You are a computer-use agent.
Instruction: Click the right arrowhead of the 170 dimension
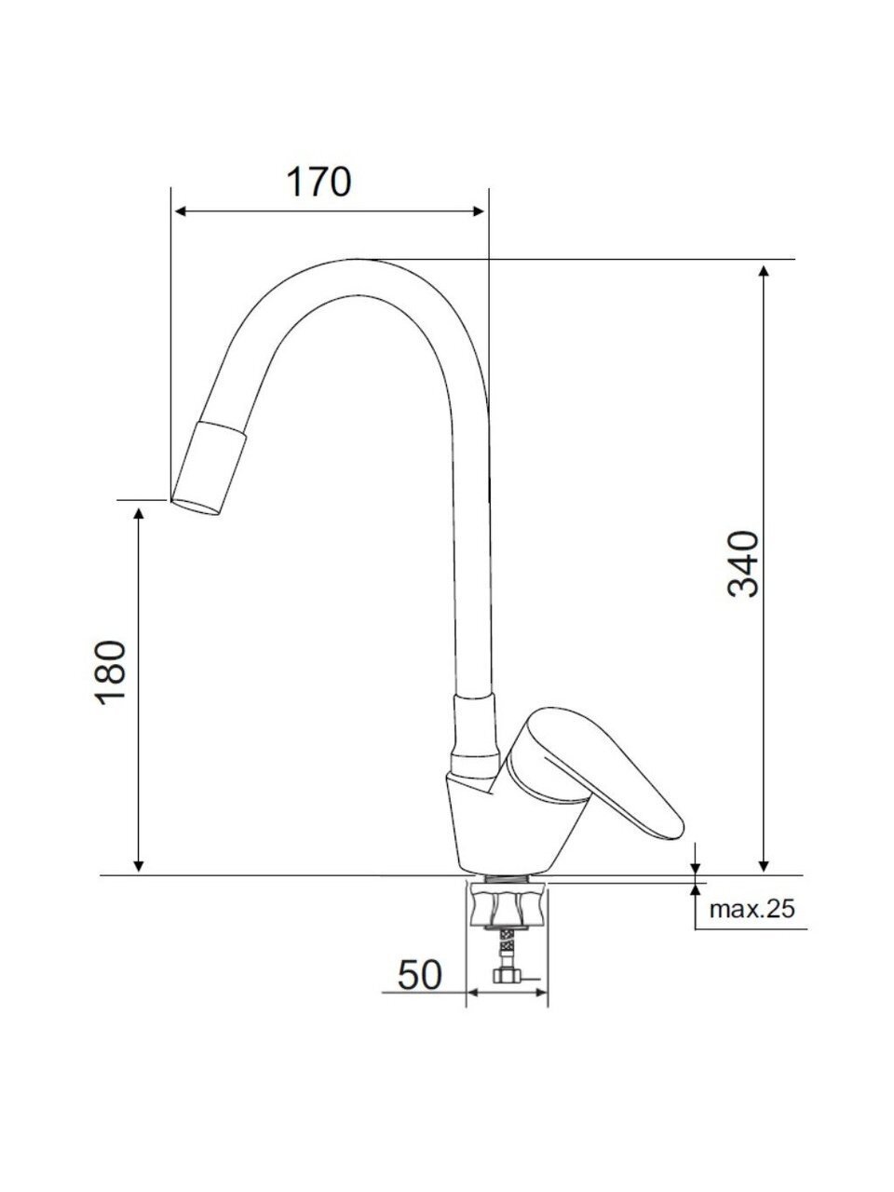pyautogui.click(x=477, y=211)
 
